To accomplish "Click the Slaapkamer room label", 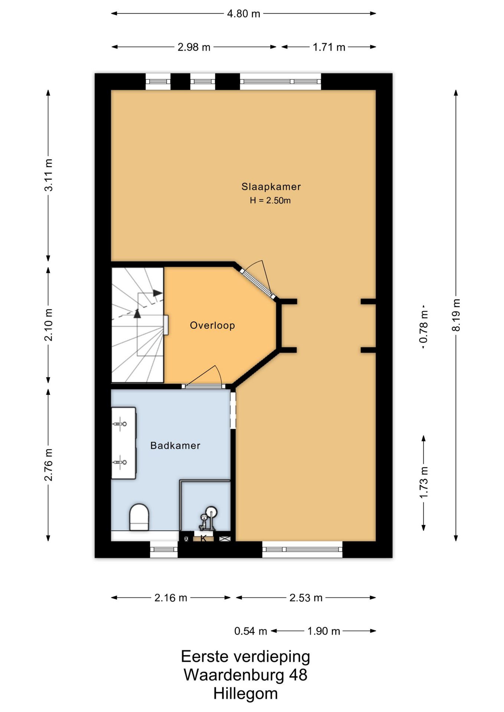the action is point(271,187).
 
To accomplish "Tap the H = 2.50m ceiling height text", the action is point(270,201).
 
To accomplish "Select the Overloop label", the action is point(212,326).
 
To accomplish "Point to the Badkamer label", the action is point(175,445).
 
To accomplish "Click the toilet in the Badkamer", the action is point(139,517).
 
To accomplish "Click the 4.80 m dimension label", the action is point(243,14).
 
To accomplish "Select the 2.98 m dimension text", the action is point(194,47).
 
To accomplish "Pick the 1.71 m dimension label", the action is point(329,47).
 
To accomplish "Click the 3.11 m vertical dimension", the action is point(48,175).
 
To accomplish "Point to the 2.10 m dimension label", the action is point(48,325).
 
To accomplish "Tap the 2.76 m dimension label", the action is point(48,465).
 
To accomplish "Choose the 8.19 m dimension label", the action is point(456,315).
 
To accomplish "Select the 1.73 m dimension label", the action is point(423,482).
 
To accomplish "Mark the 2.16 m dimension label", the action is point(171,598).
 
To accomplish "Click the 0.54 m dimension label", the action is point(251,631).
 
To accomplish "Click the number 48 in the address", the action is point(298,675).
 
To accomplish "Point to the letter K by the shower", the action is point(203,538).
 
